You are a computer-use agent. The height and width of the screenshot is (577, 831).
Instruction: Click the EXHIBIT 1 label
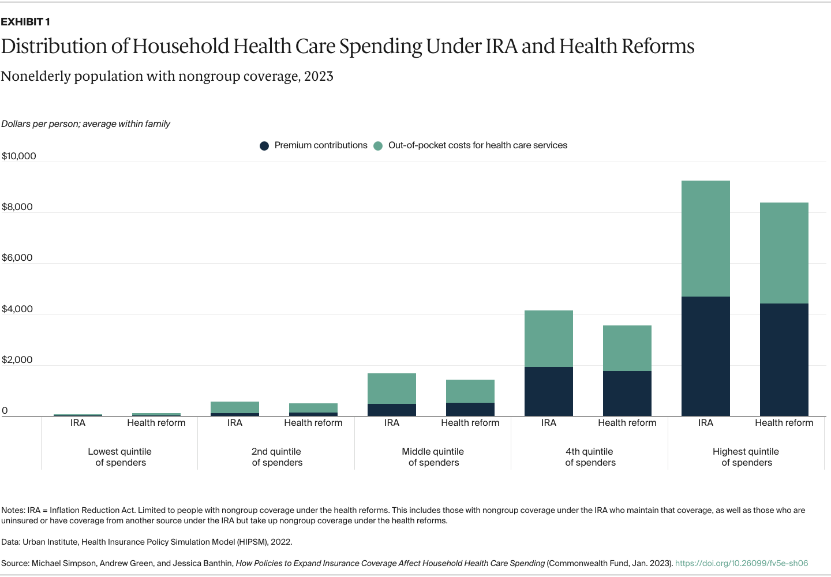coord(25,22)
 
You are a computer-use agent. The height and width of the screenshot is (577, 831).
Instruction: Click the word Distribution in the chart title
coord(54,46)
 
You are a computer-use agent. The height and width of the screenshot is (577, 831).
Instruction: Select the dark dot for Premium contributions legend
coord(264,146)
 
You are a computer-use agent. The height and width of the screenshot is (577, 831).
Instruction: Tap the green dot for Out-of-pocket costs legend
coord(378,146)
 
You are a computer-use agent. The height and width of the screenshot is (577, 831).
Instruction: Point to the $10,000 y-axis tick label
coord(19,156)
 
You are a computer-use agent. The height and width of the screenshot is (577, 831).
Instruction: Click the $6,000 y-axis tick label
coord(17,258)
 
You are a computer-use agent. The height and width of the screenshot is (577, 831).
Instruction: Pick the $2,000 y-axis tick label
coord(17,360)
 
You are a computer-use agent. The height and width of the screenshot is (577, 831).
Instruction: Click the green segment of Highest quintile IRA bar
coord(705,239)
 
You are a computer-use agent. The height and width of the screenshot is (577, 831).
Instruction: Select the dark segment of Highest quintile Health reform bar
coord(784,359)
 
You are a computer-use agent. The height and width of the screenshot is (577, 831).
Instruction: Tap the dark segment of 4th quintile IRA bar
coord(548,391)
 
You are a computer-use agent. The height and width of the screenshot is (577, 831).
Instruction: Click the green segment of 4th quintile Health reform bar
coord(627,348)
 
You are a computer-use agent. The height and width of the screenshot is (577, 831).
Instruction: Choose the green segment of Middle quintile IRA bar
coord(391,388)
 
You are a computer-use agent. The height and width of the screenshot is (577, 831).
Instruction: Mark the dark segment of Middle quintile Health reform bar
coord(470,409)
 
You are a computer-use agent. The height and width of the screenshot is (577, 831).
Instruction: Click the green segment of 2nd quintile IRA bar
coord(234,407)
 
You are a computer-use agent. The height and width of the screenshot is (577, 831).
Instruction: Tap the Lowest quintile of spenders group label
coord(120,457)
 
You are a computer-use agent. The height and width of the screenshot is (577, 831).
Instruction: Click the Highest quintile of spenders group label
coord(746,457)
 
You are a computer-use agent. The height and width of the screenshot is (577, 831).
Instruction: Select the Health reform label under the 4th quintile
coord(627,423)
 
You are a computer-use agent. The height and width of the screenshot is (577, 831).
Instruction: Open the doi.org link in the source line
coord(741,563)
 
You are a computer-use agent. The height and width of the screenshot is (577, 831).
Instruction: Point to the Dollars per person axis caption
coord(85,124)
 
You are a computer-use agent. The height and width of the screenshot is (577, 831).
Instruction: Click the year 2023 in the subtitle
coord(319,77)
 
